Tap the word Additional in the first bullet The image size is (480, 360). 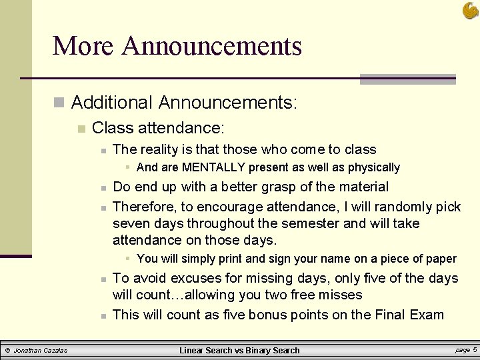pyautogui.click(x=112, y=103)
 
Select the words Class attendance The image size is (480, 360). pyautogui.click(x=158, y=127)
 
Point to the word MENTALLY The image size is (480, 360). pyautogui.click(x=213, y=167)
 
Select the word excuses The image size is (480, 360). pyautogui.click(x=197, y=278)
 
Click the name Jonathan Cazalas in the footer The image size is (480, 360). pyautogui.click(x=41, y=350)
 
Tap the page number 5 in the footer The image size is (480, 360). pyautogui.click(x=475, y=349)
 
